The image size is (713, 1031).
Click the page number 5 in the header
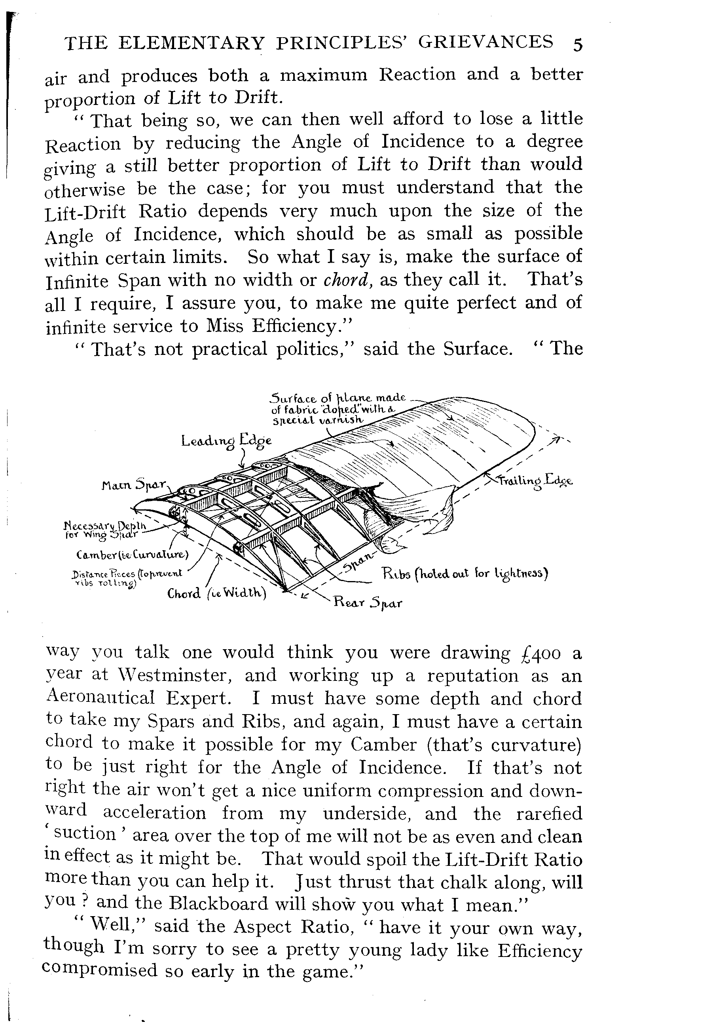[x=577, y=45]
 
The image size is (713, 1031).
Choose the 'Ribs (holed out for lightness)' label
[x=465, y=573]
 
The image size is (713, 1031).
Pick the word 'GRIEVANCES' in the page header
[x=485, y=42]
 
